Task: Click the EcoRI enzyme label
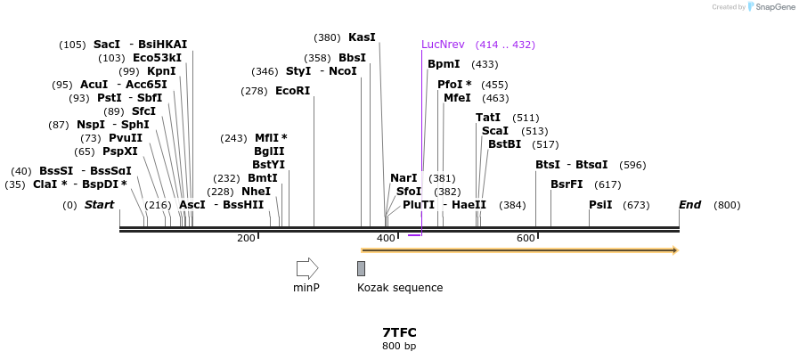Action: [x=292, y=91]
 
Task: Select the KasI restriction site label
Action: [x=362, y=37]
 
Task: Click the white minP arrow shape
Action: [x=307, y=267]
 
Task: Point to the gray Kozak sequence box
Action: [x=361, y=268]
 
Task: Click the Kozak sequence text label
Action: [x=400, y=288]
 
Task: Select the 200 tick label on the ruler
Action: [x=246, y=238]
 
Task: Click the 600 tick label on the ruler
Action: [x=526, y=238]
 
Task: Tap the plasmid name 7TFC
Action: [x=399, y=332]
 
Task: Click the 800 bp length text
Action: [x=399, y=346]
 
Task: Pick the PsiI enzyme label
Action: [x=600, y=205]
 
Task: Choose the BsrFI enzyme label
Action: [x=567, y=184]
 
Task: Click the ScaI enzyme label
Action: [x=494, y=131]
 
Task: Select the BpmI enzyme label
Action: [x=444, y=64]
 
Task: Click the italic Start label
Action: [x=99, y=205]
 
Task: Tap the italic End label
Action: [x=689, y=205]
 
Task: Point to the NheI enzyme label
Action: [x=256, y=192]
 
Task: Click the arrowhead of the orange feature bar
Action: [x=674, y=250]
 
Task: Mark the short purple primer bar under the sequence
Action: [x=414, y=235]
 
